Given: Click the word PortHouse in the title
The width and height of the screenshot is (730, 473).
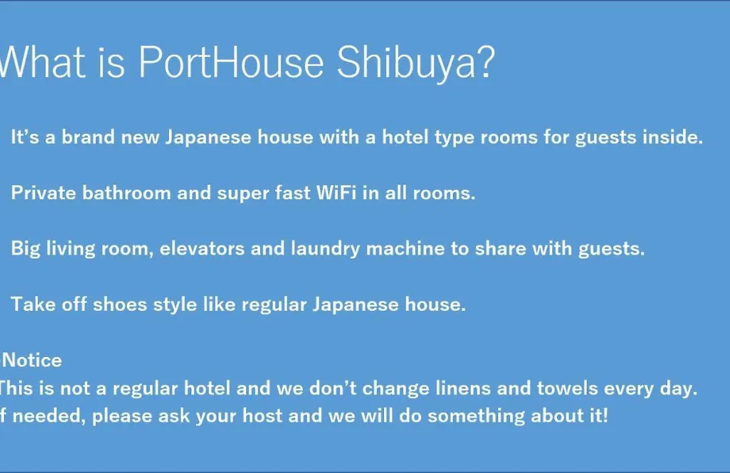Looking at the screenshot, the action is coord(231,62).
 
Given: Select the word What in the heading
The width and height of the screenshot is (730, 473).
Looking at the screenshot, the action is coord(43,62).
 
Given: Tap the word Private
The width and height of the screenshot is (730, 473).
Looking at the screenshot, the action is coord(43,193).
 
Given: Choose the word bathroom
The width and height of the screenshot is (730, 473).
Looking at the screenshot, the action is coord(126,193).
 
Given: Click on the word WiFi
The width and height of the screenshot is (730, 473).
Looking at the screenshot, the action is coord(336,193).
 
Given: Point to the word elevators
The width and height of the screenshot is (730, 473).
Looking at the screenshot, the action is coord(202,248).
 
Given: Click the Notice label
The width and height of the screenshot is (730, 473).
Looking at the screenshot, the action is coord(32,360).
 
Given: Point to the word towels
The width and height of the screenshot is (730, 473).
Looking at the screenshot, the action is coord(567,388).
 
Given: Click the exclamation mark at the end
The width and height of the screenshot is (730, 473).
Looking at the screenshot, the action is coord(605,416).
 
